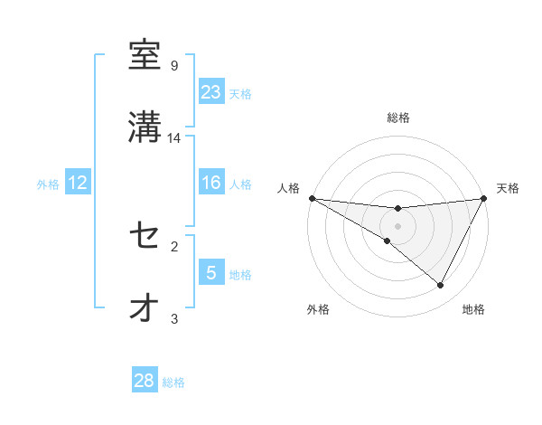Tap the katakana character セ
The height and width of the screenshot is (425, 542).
tap(145, 236)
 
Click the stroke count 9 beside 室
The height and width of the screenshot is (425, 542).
tap(174, 66)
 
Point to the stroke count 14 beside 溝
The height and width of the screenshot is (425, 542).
tap(175, 137)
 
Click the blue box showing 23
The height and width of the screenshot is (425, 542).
tap(211, 91)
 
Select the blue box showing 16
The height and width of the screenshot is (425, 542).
tap(211, 183)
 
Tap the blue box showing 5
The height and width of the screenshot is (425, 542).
tap(211, 273)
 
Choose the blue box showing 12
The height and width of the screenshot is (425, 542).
tap(78, 183)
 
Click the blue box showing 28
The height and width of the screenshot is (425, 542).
tap(145, 381)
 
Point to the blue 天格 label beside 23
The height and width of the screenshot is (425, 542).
tap(240, 93)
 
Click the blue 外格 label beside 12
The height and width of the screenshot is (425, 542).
tap(48, 184)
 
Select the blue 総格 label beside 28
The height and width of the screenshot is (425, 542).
tap(173, 382)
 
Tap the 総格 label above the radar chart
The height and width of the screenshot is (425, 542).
tap(398, 118)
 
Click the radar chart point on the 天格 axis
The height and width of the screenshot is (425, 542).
tap(484, 198)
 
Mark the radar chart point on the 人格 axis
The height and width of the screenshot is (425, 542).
tap(311, 198)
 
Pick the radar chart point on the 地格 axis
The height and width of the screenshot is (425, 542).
tap(441, 286)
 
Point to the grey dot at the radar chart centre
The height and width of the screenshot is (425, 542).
tap(397, 226)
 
